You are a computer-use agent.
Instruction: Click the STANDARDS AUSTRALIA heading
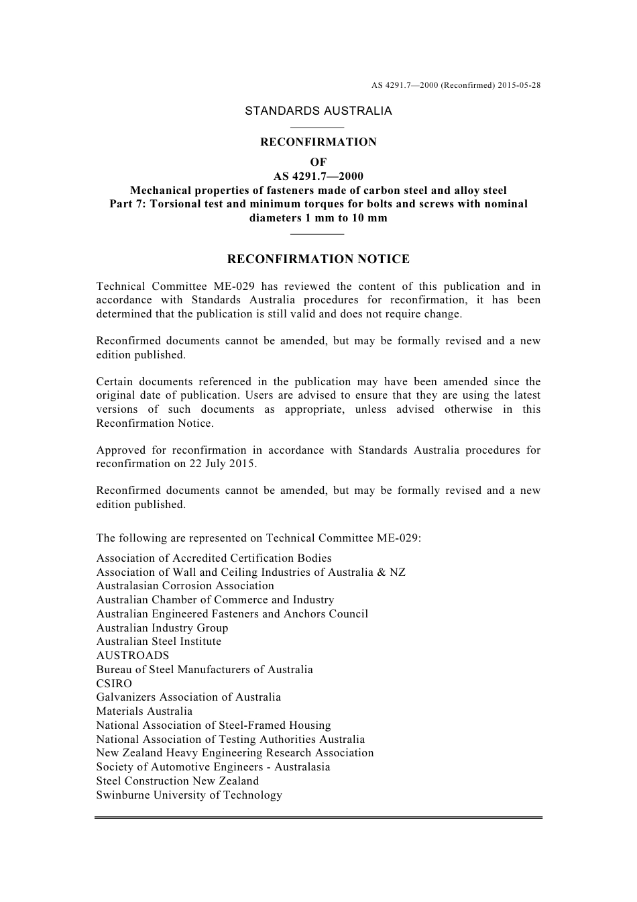point(318,111)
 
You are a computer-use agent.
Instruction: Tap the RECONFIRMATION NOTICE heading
point(318,259)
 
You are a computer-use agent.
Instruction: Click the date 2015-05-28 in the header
point(520,85)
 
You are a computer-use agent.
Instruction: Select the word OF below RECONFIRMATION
point(318,162)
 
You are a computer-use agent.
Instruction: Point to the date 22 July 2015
point(219,464)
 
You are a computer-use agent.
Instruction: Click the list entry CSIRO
point(114,683)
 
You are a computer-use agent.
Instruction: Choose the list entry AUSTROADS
point(133,656)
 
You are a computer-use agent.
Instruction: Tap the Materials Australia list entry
point(144,711)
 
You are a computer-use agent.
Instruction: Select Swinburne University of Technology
point(189,795)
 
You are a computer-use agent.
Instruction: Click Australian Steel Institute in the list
point(158,642)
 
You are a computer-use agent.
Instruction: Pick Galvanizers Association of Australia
point(188,697)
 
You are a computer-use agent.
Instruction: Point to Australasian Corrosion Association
point(185,586)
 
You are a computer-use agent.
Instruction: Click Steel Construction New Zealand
point(177,781)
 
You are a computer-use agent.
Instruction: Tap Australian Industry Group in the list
point(162,628)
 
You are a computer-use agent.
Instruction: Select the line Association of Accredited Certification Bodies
point(214,558)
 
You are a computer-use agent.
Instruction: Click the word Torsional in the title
point(177,204)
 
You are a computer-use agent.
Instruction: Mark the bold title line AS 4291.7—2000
point(318,177)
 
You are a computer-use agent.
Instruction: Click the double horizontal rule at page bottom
point(318,817)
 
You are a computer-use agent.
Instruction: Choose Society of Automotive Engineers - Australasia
point(213,767)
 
